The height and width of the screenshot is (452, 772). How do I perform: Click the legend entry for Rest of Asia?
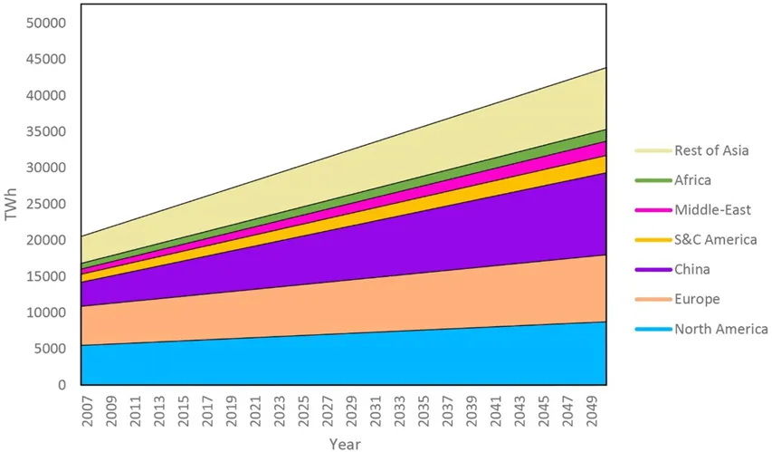pos(711,149)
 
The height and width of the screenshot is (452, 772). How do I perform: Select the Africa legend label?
pos(694,179)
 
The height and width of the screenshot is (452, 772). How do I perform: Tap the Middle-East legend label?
pos(710,209)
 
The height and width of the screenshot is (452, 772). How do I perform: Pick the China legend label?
pos(692,269)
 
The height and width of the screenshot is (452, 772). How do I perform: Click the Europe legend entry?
pos(696,299)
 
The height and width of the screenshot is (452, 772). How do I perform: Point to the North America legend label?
pos(720,329)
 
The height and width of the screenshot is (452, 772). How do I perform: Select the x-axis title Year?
pos(344,444)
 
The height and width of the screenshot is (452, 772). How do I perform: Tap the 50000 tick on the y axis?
pos(46,23)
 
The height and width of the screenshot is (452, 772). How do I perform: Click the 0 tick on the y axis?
pos(62,385)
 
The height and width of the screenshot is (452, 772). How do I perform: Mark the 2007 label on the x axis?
pos(87,409)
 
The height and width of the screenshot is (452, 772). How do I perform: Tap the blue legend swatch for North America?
pos(652,329)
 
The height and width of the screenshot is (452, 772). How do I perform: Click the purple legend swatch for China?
pos(652,269)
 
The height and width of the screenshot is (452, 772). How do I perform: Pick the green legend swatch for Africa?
pos(652,179)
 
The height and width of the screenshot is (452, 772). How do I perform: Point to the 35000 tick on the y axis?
pos(46,131)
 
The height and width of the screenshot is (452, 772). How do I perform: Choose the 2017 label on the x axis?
pos(207,409)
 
